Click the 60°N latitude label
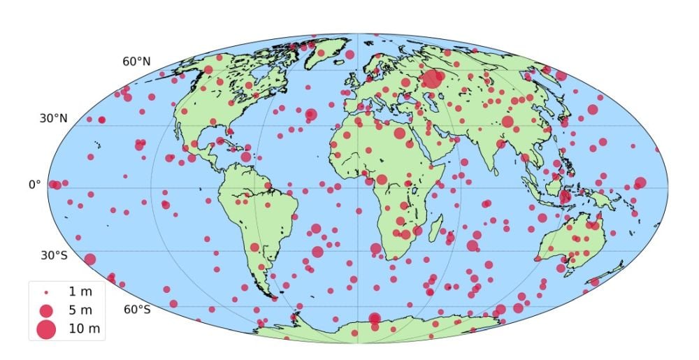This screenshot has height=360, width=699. tap(137, 62)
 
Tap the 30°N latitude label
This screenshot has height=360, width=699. tap(53, 118)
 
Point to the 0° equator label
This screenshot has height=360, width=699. tap(34, 185)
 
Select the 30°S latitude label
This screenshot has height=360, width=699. tap(53, 255)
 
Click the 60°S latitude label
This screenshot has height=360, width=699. tap(137, 310)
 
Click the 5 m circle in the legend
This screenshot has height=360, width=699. tap(46, 310)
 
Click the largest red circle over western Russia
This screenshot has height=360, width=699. tap(433, 78)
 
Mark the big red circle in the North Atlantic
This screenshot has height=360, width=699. tap(311, 115)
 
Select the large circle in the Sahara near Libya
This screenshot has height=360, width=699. tap(400, 133)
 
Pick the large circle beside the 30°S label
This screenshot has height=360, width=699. tap(89, 259)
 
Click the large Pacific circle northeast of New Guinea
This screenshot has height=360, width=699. tap(640, 183)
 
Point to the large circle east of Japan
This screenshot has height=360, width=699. tap(593, 109)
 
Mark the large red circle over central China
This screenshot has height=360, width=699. tap(507, 122)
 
